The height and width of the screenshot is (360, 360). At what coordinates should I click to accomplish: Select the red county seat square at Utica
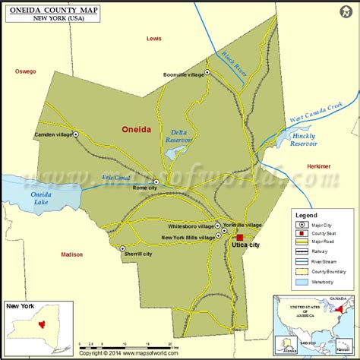coord(240,238)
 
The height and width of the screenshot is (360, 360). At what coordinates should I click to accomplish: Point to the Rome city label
coord(143,188)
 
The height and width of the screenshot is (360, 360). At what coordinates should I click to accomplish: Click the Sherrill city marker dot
coord(122,248)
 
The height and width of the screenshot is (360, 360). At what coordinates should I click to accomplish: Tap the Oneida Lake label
coord(41,198)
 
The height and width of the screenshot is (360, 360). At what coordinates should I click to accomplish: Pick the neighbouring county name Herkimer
coord(317,166)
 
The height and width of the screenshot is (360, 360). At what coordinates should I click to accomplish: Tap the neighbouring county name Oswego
coord(25,71)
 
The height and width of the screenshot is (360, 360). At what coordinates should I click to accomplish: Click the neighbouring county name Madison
coord(71,254)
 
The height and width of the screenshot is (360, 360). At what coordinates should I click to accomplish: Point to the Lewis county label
coord(154,38)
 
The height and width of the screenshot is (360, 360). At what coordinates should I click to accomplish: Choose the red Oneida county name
coord(136,130)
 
